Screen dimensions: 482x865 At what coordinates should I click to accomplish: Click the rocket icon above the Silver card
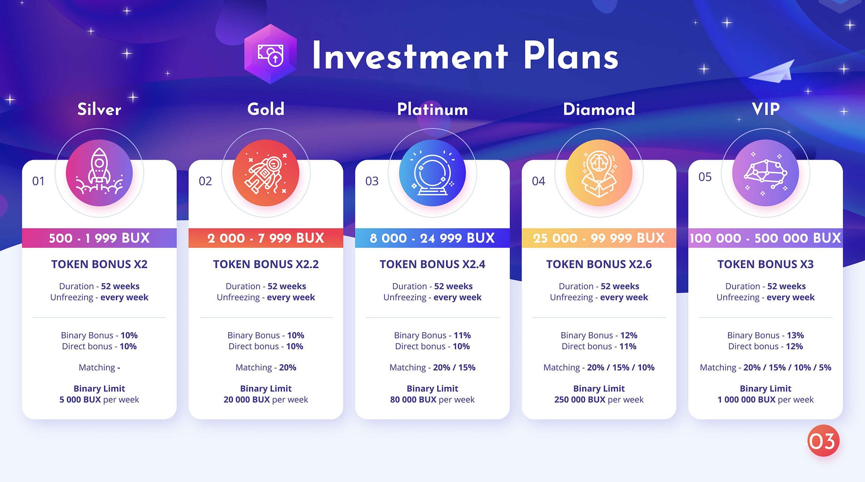99,173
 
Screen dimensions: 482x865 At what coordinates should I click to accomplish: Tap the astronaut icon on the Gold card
265,173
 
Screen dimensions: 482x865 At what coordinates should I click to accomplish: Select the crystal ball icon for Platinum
432,173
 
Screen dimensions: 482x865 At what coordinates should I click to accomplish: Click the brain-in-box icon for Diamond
599,173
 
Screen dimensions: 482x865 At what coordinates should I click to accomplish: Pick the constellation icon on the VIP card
765,173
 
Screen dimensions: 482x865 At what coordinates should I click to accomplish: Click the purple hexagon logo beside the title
271,54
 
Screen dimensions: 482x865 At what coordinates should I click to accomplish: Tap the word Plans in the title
570,56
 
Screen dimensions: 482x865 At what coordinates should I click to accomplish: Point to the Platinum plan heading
432,109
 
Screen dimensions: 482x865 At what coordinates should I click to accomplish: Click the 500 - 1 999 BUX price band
99,238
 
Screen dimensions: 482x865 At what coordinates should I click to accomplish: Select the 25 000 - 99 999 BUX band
599,238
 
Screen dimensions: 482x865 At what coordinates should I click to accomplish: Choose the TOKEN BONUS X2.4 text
432,264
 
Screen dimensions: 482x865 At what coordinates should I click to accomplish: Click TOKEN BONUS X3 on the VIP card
765,264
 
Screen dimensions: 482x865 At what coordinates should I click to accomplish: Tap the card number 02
205,181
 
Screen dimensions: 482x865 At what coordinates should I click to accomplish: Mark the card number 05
705,177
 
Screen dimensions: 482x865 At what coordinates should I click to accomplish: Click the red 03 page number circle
823,441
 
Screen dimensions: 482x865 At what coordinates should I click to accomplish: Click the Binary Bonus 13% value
795,335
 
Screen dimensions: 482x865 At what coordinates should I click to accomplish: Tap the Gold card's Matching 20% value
288,367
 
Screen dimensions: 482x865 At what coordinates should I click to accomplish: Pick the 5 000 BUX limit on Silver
80,400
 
